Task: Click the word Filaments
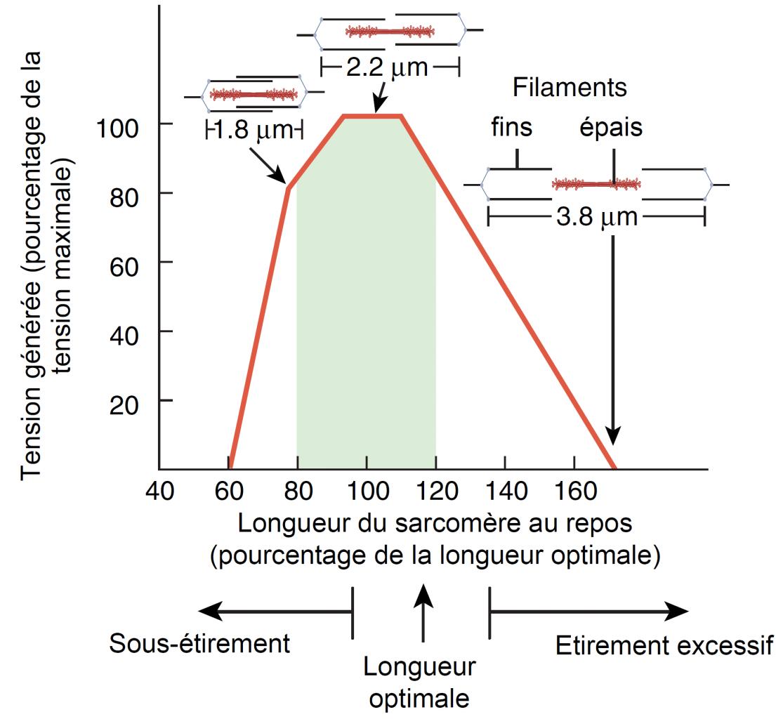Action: coord(570,89)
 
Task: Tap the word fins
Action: coord(512,128)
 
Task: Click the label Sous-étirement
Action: coord(199,644)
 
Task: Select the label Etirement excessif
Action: coord(664,645)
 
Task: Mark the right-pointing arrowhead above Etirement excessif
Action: coord(677,612)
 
